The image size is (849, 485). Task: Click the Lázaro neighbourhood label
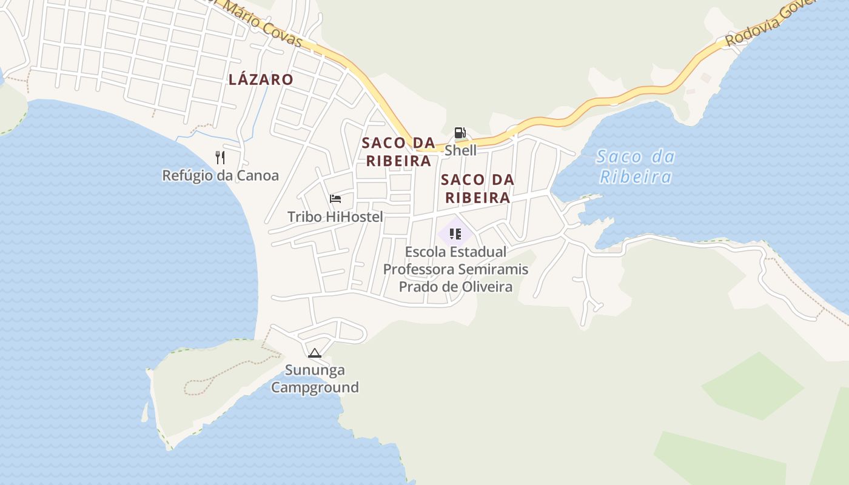(x=261, y=79)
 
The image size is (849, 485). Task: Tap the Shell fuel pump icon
(x=460, y=133)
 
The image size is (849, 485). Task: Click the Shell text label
(x=460, y=150)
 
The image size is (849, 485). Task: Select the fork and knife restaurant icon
(x=220, y=158)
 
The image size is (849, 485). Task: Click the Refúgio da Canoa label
(x=220, y=176)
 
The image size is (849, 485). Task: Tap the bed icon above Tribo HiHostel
(x=335, y=199)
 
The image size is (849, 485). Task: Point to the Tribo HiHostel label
(x=335, y=217)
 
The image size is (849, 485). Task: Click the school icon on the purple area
(x=455, y=234)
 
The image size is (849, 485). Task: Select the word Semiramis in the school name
(x=493, y=269)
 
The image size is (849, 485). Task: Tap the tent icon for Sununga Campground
(x=314, y=353)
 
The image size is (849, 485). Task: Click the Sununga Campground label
(x=315, y=378)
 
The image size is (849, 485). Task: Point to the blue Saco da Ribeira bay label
(x=635, y=167)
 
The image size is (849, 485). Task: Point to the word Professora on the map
(x=419, y=269)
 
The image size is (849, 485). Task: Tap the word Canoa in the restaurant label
(x=259, y=176)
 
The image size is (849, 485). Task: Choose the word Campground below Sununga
(x=315, y=387)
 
